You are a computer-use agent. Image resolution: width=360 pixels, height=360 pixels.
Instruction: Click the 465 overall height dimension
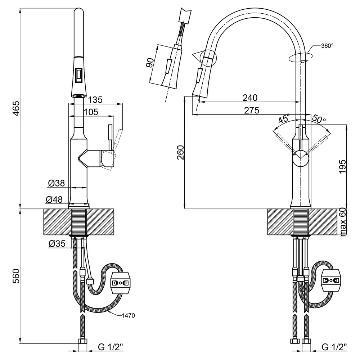(16, 108)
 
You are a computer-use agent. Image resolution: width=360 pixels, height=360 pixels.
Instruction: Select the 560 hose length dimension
(16, 276)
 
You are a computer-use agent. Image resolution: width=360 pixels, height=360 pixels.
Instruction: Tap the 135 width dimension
(95, 100)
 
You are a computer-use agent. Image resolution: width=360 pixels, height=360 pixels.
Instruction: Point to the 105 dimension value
(91, 112)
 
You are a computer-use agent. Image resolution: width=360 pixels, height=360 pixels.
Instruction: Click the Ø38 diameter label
(57, 183)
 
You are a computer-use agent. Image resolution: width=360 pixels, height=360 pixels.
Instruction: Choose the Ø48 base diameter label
(54, 199)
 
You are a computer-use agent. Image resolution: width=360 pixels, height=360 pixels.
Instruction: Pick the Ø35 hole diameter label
(57, 243)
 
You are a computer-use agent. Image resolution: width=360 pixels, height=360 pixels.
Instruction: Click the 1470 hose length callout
(128, 316)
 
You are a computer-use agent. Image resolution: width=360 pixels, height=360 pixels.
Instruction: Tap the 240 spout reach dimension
(250, 98)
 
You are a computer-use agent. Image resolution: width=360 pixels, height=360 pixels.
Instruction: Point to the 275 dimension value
(252, 111)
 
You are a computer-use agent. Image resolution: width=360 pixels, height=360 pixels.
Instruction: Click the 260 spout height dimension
(180, 152)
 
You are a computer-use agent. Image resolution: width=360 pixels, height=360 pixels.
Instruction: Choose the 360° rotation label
(327, 46)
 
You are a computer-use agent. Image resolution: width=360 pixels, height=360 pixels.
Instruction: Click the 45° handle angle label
(284, 119)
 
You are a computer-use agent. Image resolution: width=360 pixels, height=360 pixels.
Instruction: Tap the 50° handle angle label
(319, 118)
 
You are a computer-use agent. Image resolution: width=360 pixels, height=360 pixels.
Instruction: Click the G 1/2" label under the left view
(111, 347)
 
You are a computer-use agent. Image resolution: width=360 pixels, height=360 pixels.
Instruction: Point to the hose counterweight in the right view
(331, 280)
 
